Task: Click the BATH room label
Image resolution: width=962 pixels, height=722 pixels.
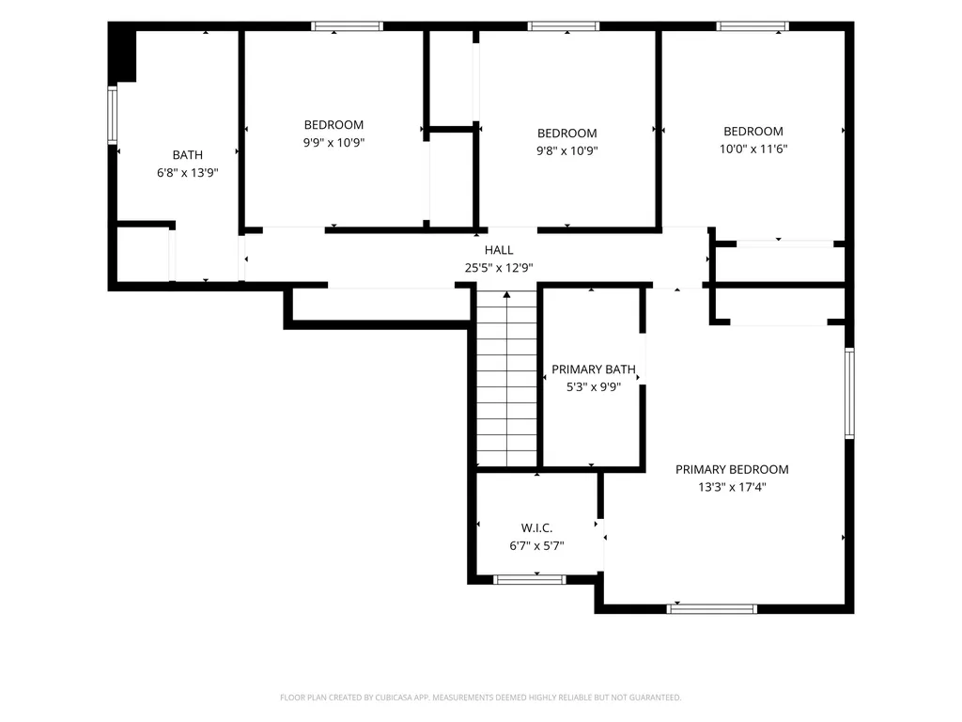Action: (187, 155)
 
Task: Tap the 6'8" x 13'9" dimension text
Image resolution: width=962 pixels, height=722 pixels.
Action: (187, 173)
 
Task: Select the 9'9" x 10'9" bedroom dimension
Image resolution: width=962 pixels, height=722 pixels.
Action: (334, 143)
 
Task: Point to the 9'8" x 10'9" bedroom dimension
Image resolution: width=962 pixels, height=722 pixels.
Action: (566, 150)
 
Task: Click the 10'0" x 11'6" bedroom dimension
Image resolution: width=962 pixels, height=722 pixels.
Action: (753, 149)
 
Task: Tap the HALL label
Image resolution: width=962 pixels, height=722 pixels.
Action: (499, 250)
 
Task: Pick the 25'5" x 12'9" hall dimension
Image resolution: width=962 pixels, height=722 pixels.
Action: (499, 268)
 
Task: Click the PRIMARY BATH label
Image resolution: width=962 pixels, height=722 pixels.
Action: (594, 369)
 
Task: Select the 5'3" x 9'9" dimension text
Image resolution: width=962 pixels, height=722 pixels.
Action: (594, 386)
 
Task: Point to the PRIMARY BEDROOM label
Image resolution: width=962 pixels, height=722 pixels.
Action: (732, 470)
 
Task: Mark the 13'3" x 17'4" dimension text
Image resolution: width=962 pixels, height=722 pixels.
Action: (732, 487)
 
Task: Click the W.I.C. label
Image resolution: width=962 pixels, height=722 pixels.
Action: (536, 528)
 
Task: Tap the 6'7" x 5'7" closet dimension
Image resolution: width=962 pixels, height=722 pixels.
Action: (536, 545)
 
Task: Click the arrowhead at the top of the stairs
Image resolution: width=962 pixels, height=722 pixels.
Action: (506, 295)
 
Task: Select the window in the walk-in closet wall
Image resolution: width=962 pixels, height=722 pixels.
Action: (530, 579)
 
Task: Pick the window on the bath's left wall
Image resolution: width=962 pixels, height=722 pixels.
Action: (113, 115)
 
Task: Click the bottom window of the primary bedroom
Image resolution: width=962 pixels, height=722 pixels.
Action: (712, 608)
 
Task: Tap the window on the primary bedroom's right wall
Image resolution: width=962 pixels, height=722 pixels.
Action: (849, 393)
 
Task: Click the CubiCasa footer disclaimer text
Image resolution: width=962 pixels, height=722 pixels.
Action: (480, 698)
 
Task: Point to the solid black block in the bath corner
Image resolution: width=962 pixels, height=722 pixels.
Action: (122, 54)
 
